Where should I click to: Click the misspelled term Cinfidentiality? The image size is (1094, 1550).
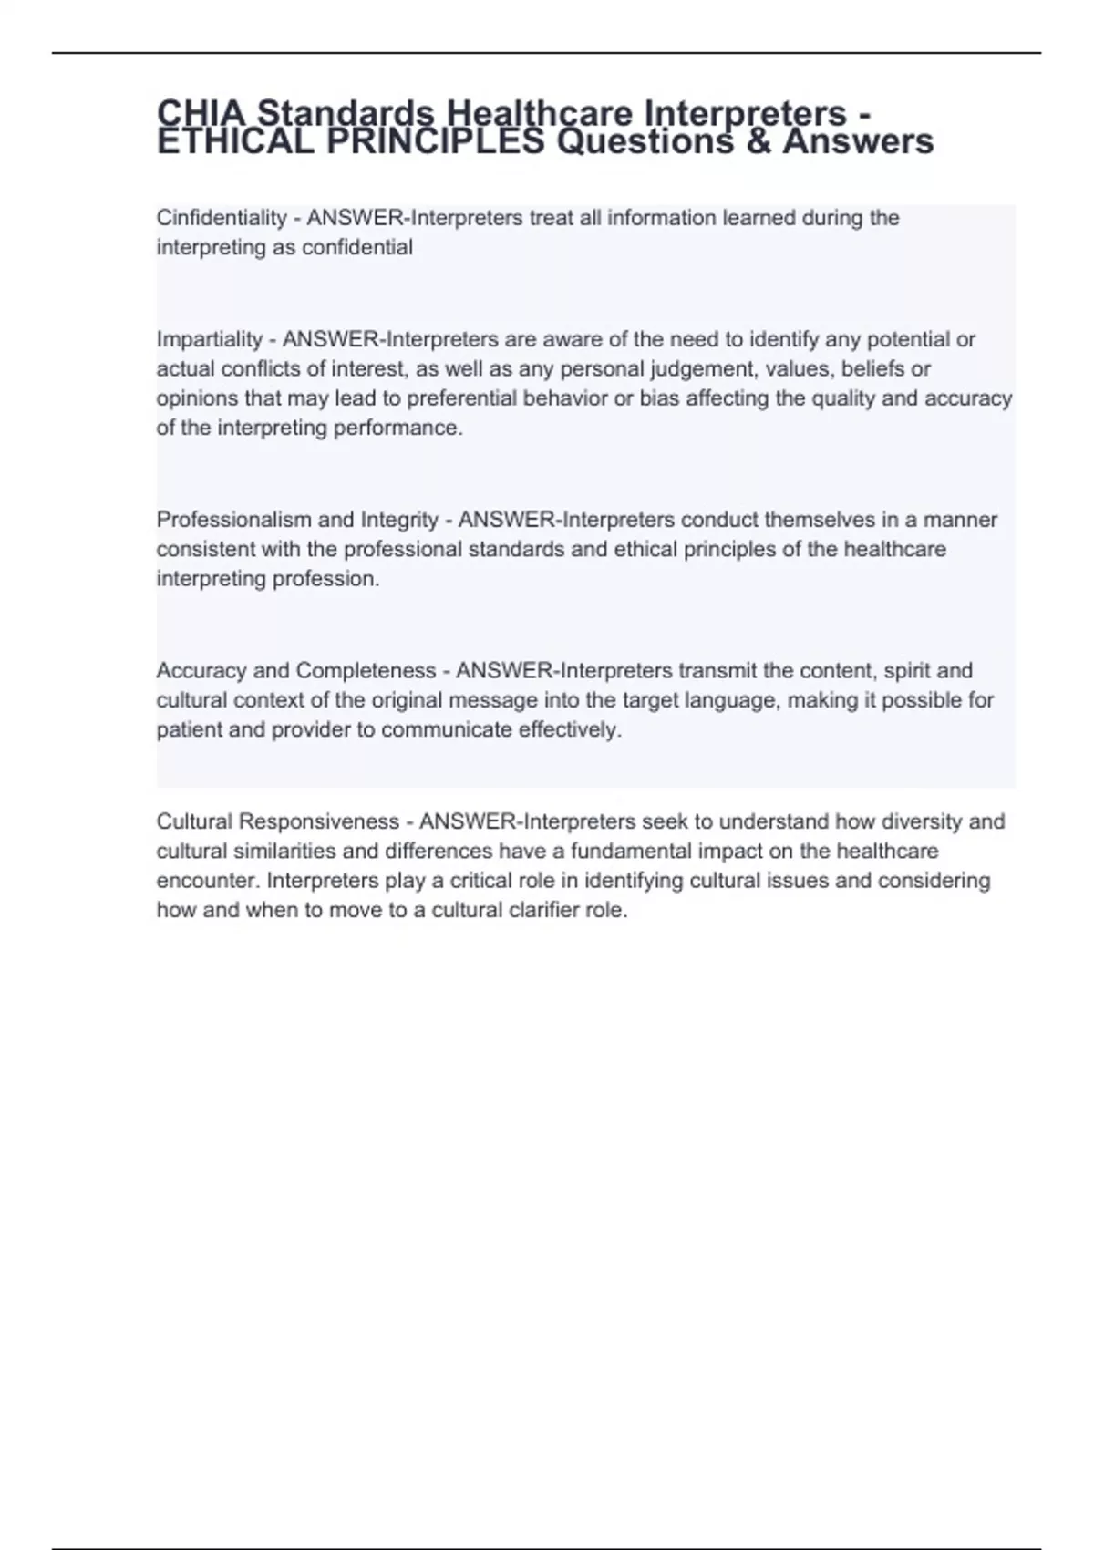pyautogui.click(x=222, y=218)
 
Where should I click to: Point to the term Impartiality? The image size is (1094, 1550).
pyautogui.click(x=210, y=339)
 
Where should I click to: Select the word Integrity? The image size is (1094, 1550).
pyautogui.click(x=399, y=520)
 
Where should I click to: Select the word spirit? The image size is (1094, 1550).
pyautogui.click(x=906, y=670)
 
